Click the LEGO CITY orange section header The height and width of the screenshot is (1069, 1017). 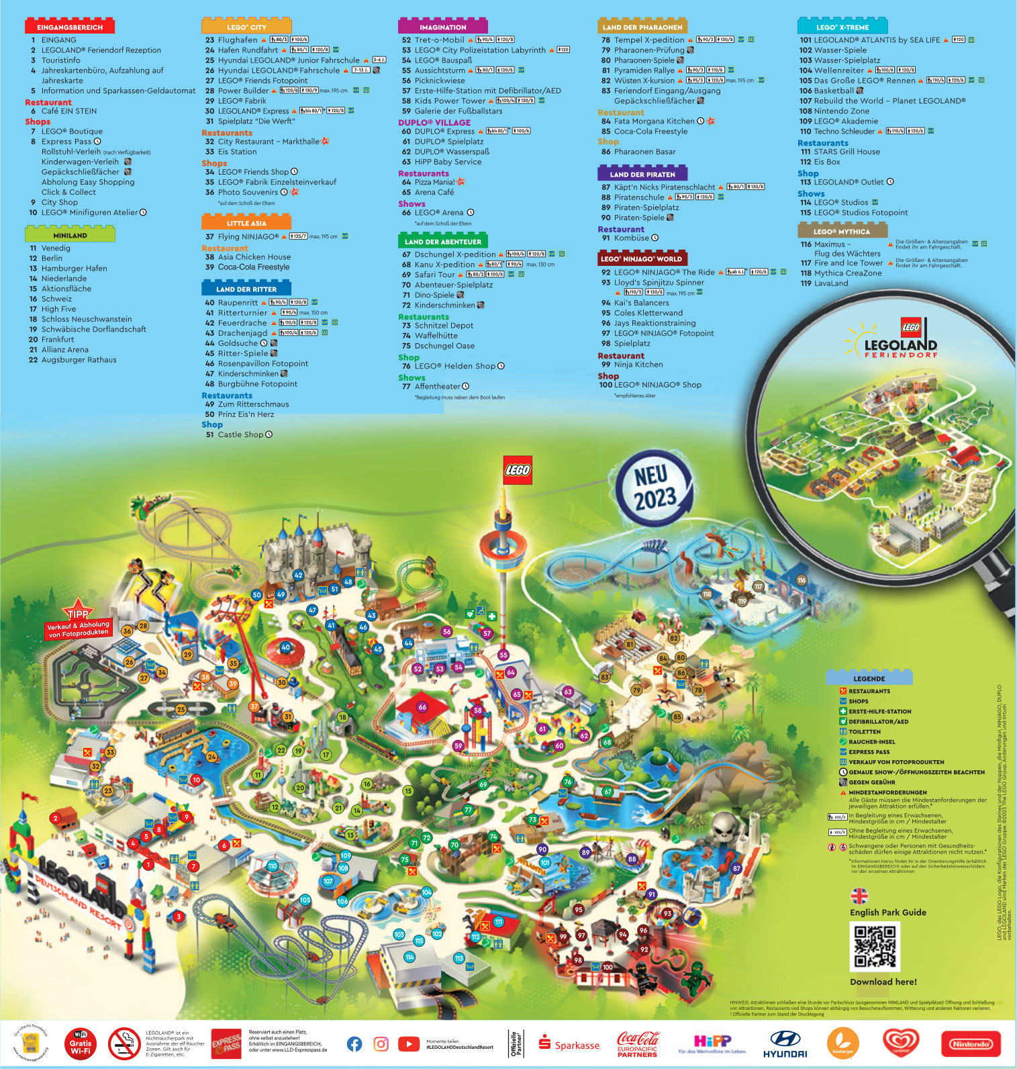coord(246,27)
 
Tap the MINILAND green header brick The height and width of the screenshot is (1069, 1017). coord(70,235)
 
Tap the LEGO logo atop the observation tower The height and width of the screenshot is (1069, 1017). coord(517,470)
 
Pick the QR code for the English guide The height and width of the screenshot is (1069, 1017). coord(875,946)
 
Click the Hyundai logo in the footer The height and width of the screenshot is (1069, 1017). coord(785,1044)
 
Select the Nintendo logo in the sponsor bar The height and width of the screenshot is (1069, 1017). coord(971,1044)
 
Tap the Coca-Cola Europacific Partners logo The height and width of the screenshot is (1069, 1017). coord(638,1044)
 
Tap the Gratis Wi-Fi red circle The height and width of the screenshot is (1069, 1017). coord(81,1043)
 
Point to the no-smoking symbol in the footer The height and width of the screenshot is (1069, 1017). coord(124,1043)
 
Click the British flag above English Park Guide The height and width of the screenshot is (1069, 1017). coord(859,896)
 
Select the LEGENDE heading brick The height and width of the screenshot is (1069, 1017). coord(869,678)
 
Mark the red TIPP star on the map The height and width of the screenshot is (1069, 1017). coord(78,612)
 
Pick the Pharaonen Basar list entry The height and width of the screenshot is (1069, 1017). coord(644,152)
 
